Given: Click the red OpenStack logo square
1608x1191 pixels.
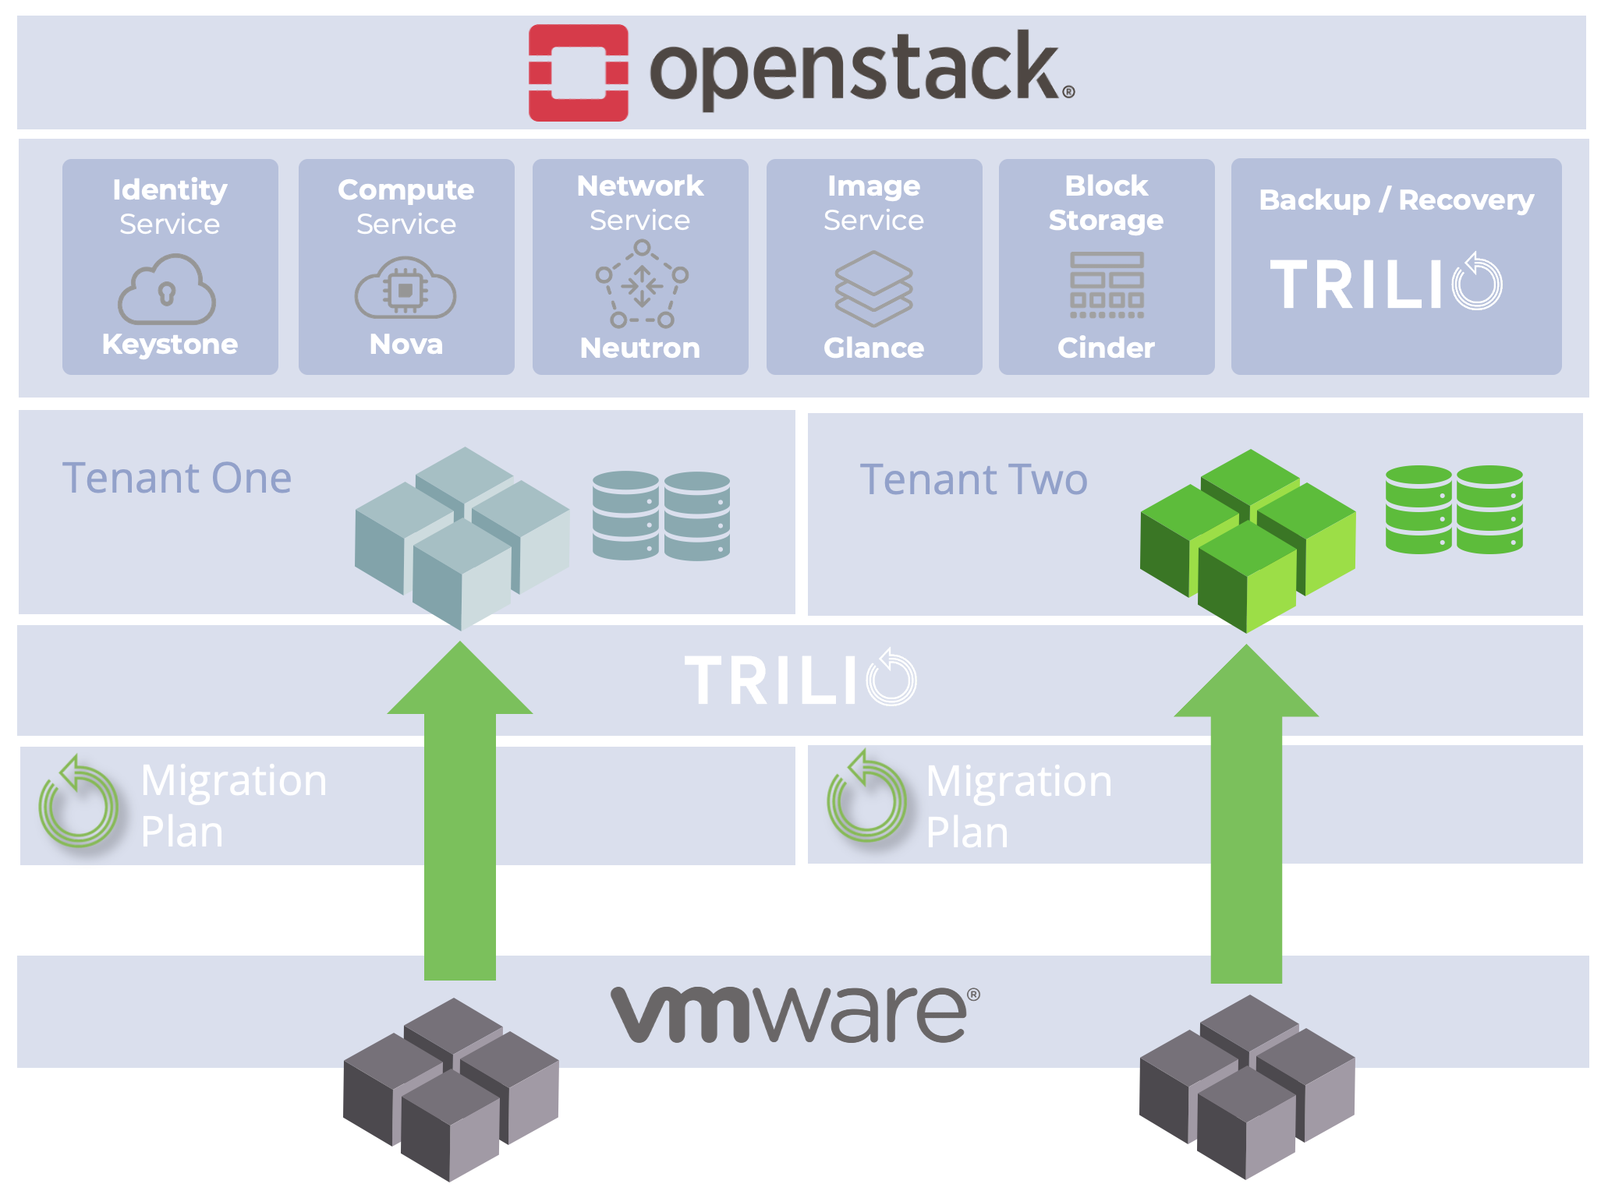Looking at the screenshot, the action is (x=578, y=72).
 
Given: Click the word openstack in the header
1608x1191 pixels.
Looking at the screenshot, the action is (x=862, y=70).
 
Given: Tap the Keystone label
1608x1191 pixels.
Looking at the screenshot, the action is (x=170, y=344).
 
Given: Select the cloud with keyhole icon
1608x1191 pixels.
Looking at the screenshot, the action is (x=167, y=289).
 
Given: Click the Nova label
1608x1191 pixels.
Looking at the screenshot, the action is (x=406, y=344).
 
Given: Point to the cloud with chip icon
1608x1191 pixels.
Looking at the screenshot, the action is (x=406, y=288).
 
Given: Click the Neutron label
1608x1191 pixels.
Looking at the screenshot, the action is (x=640, y=348).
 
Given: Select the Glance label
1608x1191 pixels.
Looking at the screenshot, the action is (x=874, y=348).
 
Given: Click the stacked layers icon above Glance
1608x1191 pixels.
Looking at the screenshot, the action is (x=873, y=288).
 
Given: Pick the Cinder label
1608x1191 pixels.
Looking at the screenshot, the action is (x=1106, y=348).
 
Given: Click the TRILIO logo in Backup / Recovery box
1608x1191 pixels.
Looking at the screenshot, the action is (x=1386, y=282).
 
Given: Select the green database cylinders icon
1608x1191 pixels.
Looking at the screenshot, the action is (x=1454, y=510).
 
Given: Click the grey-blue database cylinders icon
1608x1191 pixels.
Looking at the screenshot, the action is (x=661, y=515).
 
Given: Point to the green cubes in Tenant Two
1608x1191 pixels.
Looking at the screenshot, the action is (x=1248, y=540).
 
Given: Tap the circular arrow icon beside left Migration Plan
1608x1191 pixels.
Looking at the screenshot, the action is (x=78, y=802).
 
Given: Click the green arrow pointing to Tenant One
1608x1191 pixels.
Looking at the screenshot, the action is (x=460, y=811).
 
